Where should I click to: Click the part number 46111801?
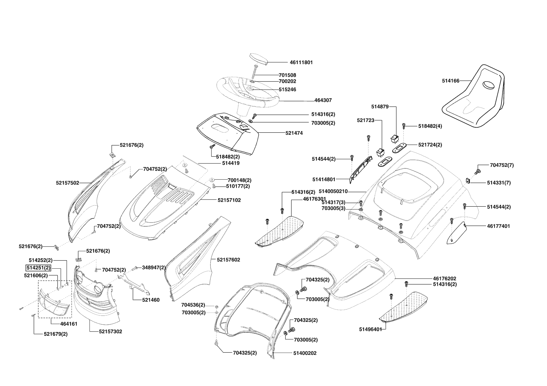click(x=301, y=62)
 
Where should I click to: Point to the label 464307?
click(x=323, y=100)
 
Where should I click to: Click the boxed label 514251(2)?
click(x=38, y=268)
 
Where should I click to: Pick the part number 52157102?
click(x=229, y=200)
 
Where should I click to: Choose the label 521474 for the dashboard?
click(x=294, y=133)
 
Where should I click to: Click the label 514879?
click(x=380, y=106)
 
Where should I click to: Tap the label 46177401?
click(x=498, y=226)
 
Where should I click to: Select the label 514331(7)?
click(x=499, y=183)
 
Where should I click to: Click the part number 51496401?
click(x=370, y=329)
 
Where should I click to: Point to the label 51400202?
click(x=305, y=353)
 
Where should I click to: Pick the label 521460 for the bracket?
click(x=151, y=300)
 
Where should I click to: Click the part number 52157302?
click(x=110, y=332)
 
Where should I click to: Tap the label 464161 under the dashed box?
click(x=69, y=324)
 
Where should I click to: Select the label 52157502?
click(x=67, y=183)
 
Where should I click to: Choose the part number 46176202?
click(x=444, y=279)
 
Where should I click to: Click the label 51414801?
click(x=324, y=179)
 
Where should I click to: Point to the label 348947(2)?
click(x=154, y=267)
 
